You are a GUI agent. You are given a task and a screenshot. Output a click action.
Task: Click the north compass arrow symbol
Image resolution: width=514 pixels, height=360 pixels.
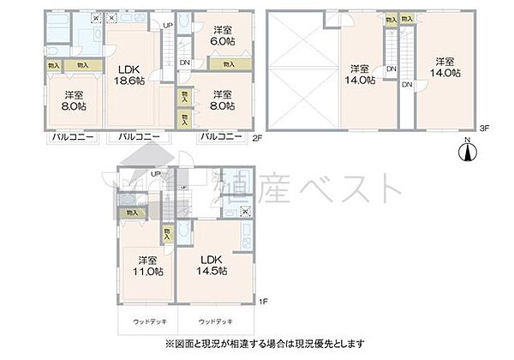click(x=468, y=151)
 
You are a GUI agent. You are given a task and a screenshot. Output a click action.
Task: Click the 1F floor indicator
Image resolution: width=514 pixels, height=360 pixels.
click(x=265, y=302)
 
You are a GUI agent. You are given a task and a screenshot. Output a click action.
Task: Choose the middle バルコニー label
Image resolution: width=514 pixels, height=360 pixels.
click(x=138, y=137)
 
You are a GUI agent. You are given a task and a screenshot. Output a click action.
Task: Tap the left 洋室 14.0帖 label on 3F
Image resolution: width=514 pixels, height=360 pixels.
click(x=360, y=74)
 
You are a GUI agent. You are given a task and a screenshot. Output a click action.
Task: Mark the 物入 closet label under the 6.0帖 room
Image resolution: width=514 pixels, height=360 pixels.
click(x=228, y=63)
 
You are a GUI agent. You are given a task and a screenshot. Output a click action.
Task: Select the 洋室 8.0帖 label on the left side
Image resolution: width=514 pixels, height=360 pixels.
click(x=71, y=101)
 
